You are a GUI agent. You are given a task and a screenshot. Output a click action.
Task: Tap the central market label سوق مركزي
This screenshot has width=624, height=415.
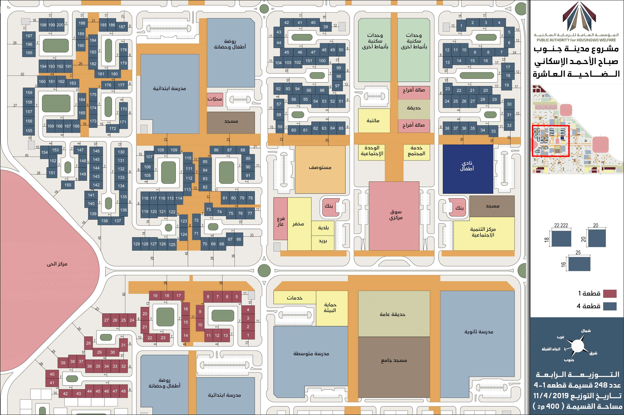396,215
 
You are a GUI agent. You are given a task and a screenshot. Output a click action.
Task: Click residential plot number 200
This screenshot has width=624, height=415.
60,25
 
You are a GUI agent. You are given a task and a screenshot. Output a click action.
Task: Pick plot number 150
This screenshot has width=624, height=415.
68,185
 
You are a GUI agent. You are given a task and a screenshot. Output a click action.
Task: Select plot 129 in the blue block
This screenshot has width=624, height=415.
136,244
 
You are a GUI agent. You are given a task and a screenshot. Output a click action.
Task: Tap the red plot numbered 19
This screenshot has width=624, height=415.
155,296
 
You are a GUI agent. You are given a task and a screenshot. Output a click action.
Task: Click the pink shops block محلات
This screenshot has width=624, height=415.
214,99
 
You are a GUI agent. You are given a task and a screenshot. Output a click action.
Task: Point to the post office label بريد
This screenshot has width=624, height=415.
323,241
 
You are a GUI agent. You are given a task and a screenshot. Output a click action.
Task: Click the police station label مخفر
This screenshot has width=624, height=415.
298,224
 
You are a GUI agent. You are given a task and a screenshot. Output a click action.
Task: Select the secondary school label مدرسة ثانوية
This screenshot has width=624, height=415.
479,332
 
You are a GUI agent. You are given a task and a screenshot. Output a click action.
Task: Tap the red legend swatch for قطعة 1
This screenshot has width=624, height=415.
609,293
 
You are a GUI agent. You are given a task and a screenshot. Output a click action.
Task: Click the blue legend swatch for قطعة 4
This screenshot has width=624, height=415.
609,306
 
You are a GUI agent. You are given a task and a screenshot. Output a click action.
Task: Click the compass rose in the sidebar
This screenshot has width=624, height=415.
577,346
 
